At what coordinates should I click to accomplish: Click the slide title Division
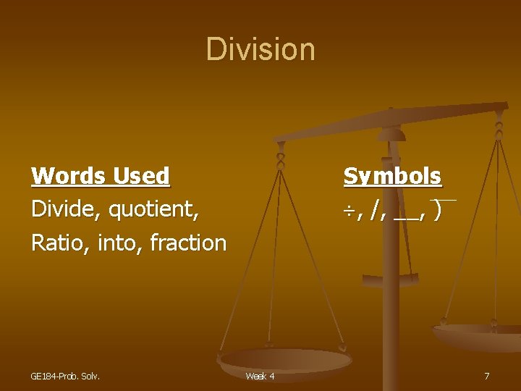(x=260, y=49)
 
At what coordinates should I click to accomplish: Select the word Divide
(x=67, y=209)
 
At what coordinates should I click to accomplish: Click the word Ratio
(x=56, y=243)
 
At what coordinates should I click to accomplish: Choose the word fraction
(x=188, y=243)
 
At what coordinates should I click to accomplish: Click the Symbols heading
(x=392, y=176)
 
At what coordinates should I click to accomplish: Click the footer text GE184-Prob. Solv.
(x=65, y=376)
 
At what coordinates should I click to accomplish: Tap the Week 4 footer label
(x=260, y=376)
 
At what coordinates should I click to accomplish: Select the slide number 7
(x=487, y=376)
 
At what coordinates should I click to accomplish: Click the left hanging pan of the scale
(x=285, y=358)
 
